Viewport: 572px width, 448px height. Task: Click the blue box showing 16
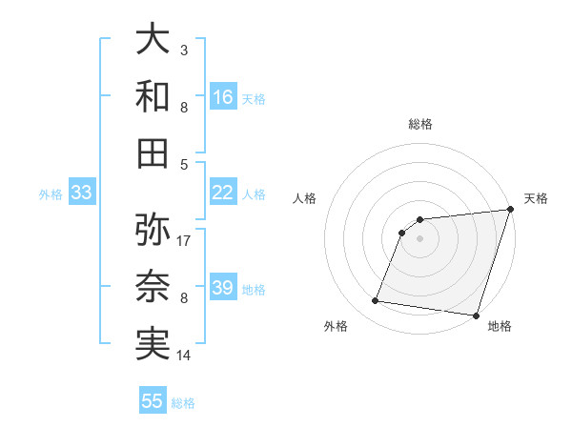click(223, 96)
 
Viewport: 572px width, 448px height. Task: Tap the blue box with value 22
click(223, 193)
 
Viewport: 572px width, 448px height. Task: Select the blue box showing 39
click(223, 288)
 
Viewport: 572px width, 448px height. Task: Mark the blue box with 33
click(81, 193)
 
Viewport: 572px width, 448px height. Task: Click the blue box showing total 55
click(153, 401)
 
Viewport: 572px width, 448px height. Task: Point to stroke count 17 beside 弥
click(184, 240)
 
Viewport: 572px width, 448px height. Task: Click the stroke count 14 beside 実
click(184, 356)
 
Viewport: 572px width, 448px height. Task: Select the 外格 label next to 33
click(51, 194)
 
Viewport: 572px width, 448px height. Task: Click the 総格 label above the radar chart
click(419, 124)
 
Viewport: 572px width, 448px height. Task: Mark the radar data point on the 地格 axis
click(476, 315)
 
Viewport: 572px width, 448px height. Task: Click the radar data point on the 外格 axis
click(376, 301)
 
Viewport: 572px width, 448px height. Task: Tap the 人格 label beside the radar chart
click(305, 198)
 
